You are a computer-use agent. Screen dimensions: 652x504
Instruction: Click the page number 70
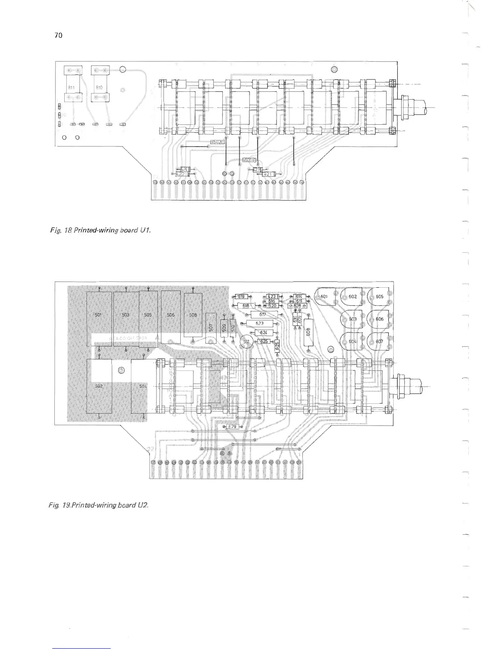(58, 35)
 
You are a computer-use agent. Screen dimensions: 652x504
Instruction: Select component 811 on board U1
(72, 87)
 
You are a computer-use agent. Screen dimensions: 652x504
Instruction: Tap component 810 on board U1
(99, 87)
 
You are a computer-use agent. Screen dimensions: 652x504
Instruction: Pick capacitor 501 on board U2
(99, 317)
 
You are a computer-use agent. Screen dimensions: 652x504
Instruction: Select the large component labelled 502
(99, 386)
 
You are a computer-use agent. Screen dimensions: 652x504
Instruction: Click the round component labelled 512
(246, 342)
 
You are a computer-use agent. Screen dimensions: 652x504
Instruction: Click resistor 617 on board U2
(263, 315)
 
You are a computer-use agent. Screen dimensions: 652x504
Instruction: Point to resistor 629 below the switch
(233, 427)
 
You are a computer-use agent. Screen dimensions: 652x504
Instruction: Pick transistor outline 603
(352, 319)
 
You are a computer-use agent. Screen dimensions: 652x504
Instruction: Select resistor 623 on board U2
(260, 324)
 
